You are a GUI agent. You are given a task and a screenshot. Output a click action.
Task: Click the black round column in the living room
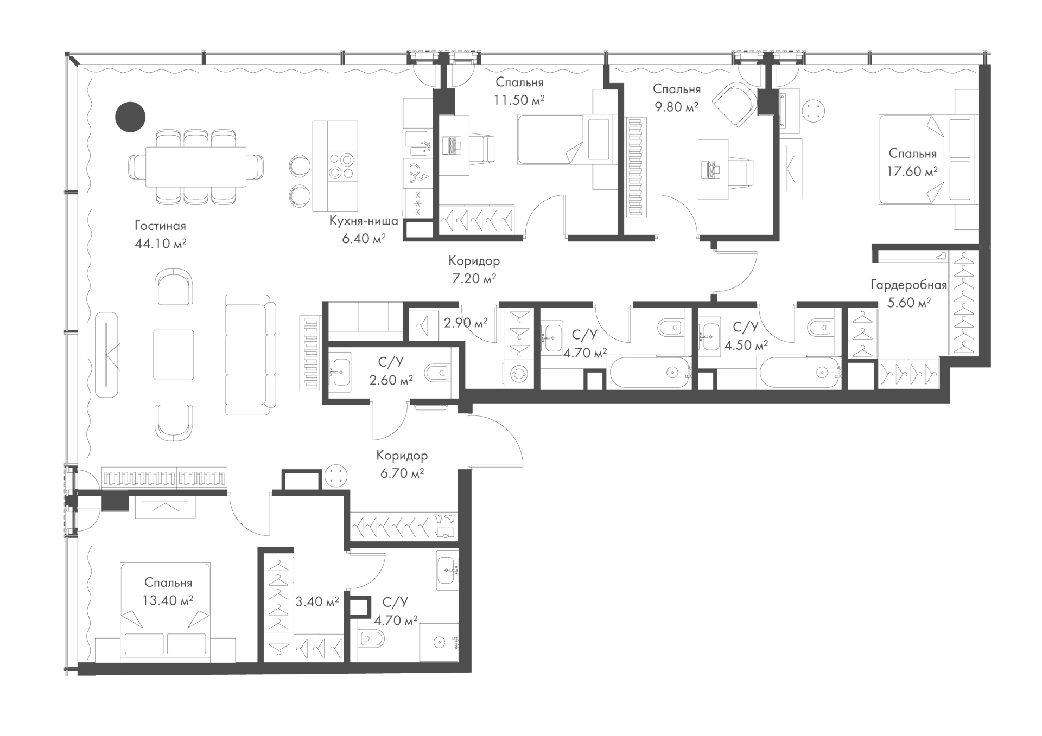tap(130, 117)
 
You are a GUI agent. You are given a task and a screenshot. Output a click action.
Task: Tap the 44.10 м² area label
tap(160, 244)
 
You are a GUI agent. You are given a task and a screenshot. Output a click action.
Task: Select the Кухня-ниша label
tap(364, 221)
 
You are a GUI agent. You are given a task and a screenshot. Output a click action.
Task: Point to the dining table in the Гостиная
tap(196, 167)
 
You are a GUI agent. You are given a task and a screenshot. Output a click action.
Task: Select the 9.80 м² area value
tap(676, 107)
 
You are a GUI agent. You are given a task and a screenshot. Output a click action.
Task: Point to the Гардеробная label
tap(909, 285)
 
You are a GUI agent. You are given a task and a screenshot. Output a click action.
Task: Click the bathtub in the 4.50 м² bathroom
tap(801, 373)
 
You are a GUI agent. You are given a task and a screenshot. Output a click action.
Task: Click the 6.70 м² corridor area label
tap(402, 473)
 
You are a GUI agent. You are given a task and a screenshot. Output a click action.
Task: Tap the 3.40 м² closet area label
tap(317, 601)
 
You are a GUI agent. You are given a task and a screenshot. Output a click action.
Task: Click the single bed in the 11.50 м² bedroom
tap(567, 139)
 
